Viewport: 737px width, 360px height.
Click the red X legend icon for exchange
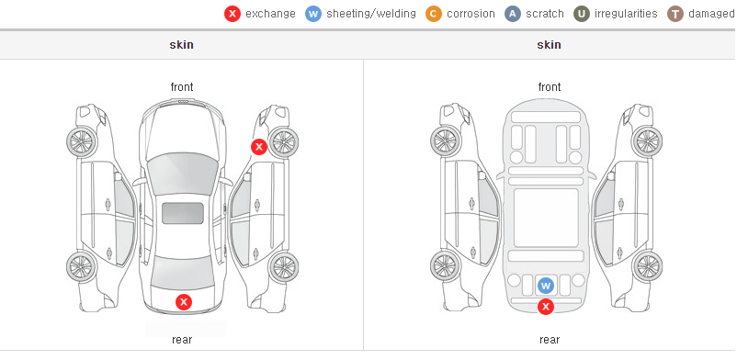pos(232,14)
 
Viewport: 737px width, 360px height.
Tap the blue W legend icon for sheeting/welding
pos(313,14)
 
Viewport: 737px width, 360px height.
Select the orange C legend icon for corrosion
pos(434,14)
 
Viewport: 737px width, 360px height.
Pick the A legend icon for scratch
pos(513,14)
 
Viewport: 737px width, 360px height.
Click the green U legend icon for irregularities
pos(582,14)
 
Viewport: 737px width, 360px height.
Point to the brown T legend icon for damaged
pos(675,14)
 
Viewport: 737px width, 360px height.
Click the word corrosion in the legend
pos(471,14)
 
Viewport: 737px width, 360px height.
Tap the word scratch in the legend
pos(545,14)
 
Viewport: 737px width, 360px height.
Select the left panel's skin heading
pos(181,45)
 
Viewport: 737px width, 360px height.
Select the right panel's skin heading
pos(549,45)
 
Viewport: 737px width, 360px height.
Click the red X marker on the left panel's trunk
pos(184,302)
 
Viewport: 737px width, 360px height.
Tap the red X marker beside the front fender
pos(258,147)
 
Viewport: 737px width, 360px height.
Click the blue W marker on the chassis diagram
pos(546,286)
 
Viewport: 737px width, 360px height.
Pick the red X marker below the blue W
pos(546,307)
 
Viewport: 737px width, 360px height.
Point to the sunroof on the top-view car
pos(183,213)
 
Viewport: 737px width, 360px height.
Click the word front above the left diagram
pos(182,87)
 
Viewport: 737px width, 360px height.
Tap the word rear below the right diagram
pos(550,340)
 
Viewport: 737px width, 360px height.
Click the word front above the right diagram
pos(550,87)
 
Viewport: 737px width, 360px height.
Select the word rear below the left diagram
pos(182,340)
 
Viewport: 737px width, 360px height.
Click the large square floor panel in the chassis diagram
pos(546,218)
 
